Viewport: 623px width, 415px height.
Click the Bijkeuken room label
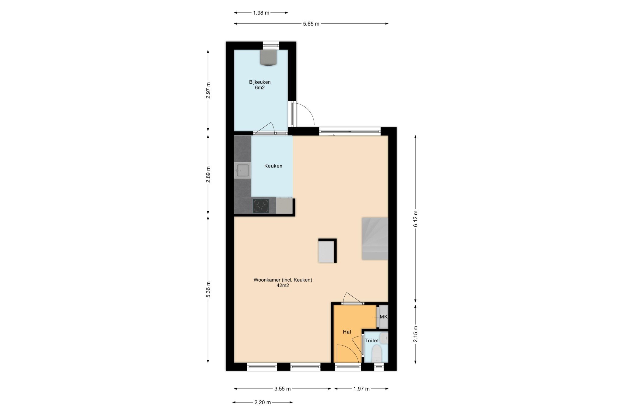pos(260,82)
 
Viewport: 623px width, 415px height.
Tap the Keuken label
pos(273,166)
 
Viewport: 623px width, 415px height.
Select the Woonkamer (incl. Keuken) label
pos(283,280)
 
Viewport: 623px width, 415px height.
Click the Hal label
pos(347,332)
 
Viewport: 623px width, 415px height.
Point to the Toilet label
pos(372,341)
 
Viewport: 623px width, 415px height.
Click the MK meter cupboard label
pos(384,317)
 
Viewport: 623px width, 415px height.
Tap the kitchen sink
pos(242,170)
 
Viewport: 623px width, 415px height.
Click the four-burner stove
pos(261,206)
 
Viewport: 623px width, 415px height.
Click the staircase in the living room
pos(375,239)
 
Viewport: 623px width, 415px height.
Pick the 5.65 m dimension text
pos(311,24)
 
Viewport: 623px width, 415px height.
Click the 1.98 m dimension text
pos(261,13)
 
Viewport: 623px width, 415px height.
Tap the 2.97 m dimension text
pos(208,91)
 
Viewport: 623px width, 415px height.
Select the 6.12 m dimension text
pos(416,219)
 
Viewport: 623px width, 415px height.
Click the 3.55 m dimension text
pos(282,389)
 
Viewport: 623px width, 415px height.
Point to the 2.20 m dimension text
pos(263,402)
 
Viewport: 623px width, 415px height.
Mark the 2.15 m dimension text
pos(416,334)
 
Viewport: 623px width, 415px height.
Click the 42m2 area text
pos(283,285)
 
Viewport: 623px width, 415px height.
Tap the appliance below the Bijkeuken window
pos(269,57)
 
